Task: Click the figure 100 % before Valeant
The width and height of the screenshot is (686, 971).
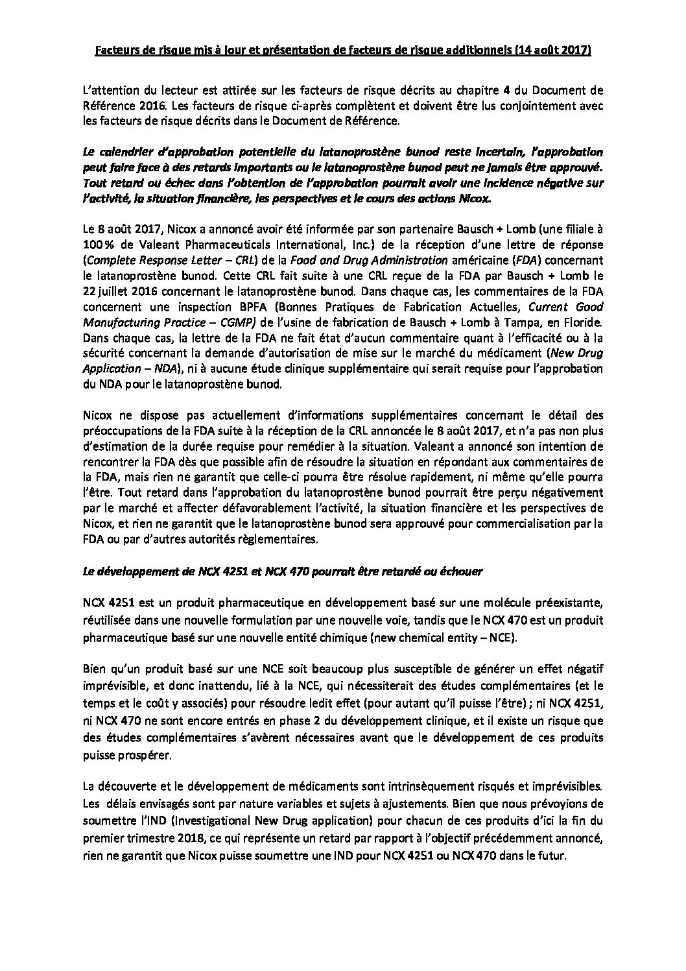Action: (97, 245)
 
